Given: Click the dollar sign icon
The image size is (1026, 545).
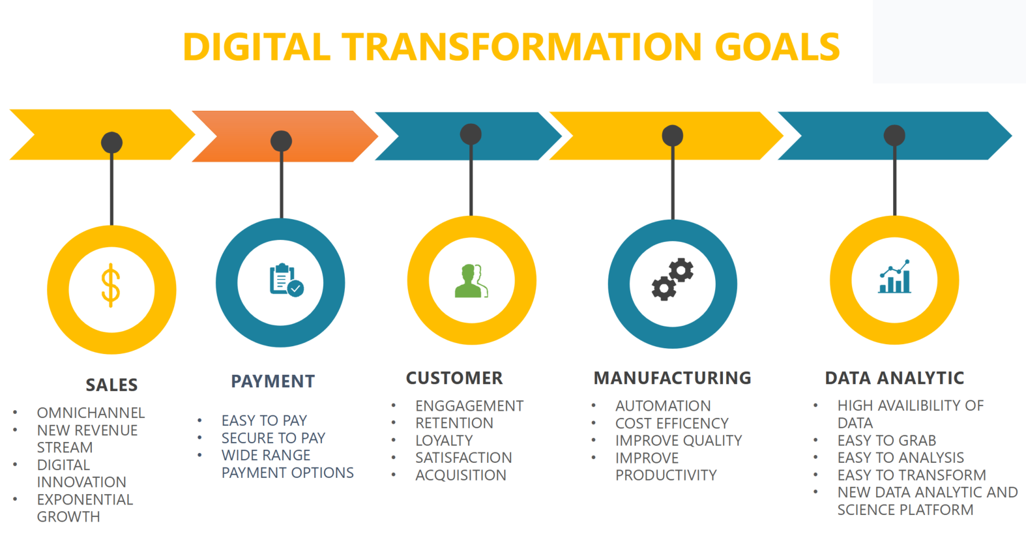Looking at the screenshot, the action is pos(111,286).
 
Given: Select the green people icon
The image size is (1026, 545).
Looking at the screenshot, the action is pos(471,281).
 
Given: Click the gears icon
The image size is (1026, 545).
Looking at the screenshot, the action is pos(673,279).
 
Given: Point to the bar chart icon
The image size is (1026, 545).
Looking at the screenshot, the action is pos(894,276).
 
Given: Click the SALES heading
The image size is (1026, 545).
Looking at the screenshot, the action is pos(111,385).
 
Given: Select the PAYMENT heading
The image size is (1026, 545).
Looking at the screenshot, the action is pos(273,381).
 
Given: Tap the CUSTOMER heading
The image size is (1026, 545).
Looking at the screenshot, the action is pos(454,378).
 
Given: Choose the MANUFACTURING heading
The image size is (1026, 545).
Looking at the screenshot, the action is pos(673,378).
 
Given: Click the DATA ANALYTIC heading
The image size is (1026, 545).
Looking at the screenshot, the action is pos(894,378).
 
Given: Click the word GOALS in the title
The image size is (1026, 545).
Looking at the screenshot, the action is pos(777,47).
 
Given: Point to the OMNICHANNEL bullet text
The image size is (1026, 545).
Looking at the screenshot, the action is pos(91,413).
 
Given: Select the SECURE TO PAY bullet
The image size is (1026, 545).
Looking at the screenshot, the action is pos(273,438).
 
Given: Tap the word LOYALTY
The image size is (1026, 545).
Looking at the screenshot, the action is pos(444,440).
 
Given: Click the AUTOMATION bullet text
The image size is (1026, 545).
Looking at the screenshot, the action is pos(663,405).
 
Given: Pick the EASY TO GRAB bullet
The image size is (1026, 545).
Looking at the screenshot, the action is pos(887,440).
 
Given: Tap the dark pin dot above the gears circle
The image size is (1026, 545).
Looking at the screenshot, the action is pos(673,136).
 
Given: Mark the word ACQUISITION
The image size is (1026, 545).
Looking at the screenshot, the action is pos(461,475).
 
